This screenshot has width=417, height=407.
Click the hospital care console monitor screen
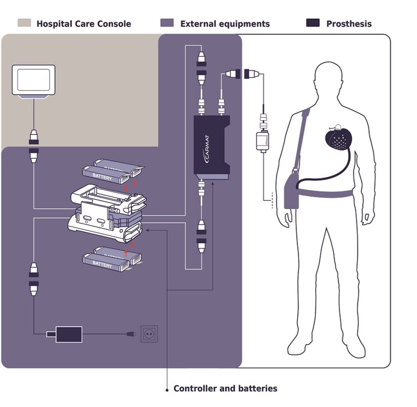click(x=33, y=80)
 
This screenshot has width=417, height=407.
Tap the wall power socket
click(x=149, y=334)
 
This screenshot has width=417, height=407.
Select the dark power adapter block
click(x=69, y=334)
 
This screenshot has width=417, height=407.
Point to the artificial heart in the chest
click(x=338, y=139)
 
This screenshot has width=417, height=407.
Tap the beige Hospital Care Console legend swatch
click(x=24, y=23)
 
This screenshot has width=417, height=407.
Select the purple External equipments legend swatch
click(x=167, y=23)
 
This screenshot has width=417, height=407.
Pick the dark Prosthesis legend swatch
click(x=313, y=23)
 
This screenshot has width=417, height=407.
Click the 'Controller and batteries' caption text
click(x=225, y=389)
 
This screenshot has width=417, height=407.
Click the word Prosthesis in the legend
click(x=349, y=24)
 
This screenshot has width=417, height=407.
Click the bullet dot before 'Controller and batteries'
click(x=167, y=390)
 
